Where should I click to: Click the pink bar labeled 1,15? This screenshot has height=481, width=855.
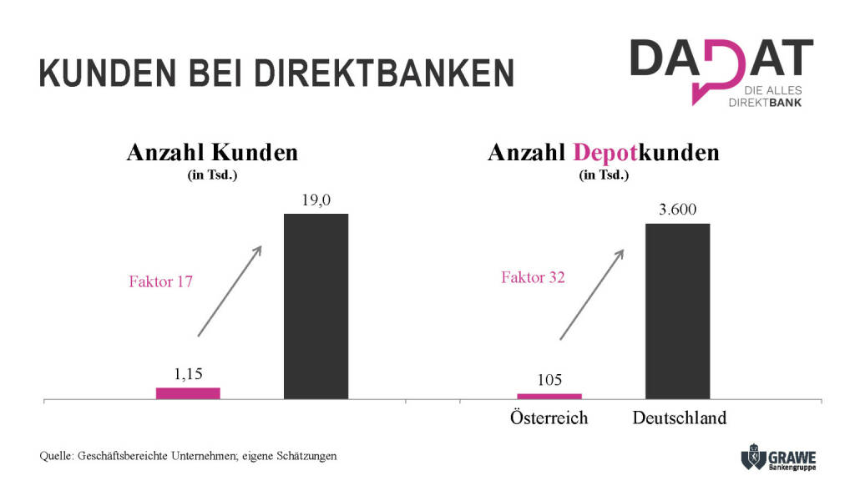coord(188,393)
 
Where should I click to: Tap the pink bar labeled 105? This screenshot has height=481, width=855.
coord(549,396)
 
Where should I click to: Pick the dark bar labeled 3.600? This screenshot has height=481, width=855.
coord(677,311)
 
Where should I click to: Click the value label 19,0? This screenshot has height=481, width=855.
coord(316,200)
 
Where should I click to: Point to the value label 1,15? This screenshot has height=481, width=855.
coord(189,375)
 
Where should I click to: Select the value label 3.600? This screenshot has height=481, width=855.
coord(677,210)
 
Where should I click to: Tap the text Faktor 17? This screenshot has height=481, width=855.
coord(161,281)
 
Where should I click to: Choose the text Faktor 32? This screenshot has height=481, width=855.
coord(533,277)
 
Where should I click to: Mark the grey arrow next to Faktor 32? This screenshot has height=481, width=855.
coord(591,294)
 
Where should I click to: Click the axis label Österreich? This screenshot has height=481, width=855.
coord(549,418)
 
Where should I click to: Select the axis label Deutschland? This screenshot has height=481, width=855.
coord(679,418)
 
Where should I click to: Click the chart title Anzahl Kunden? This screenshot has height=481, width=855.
coord(212,153)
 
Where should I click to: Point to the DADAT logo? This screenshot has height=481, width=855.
coord(720,71)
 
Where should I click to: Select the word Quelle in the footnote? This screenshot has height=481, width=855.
coord(55,456)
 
